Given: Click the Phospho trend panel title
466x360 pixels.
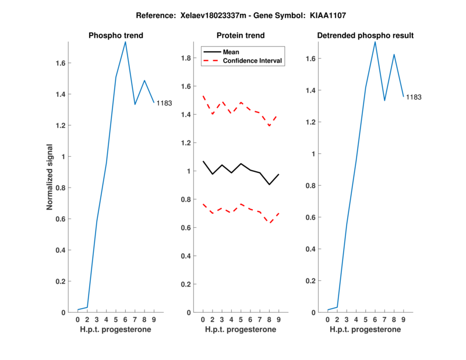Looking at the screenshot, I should (x=116, y=36).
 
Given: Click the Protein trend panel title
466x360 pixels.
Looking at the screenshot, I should (x=241, y=36).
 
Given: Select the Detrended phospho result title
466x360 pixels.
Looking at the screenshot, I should (x=365, y=36).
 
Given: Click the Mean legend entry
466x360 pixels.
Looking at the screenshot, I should (x=231, y=52).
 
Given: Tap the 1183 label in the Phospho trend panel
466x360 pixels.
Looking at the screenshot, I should (x=164, y=103).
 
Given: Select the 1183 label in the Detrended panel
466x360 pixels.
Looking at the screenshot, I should (x=414, y=97).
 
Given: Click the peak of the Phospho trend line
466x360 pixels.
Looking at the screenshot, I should (x=125, y=41).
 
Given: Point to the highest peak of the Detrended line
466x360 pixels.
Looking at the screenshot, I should (x=375, y=41).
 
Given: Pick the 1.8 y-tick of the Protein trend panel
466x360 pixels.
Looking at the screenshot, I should (x=186, y=58).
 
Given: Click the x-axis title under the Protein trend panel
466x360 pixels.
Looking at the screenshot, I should (x=241, y=330).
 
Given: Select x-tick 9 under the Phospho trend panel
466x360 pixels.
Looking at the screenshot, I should (x=154, y=319).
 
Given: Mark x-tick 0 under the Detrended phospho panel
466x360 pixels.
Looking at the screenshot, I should (x=328, y=319).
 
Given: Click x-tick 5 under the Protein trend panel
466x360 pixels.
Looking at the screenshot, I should (x=241, y=319).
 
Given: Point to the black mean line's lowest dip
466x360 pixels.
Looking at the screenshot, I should (x=269, y=185).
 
